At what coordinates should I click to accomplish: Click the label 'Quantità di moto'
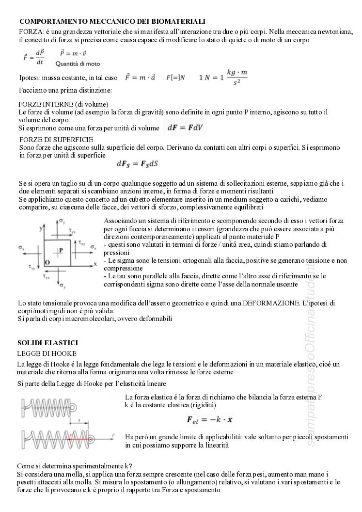coord(78,64)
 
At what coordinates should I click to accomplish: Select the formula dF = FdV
coord(186,128)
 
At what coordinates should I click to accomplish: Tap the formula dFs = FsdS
coord(137,164)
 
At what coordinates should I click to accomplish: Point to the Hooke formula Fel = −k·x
coord(209,419)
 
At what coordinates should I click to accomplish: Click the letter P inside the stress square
coord(61,250)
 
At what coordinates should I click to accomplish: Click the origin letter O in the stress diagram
coord(47,262)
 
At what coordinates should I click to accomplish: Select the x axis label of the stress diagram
coord(95,264)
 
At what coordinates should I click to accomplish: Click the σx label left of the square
coord(22,248)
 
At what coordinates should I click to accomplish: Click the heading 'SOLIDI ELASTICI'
coord(47,343)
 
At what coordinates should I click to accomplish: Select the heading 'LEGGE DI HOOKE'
coord(47,353)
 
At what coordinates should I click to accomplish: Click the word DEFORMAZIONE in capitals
coord(271,303)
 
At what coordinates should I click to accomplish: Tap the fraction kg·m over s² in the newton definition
coord(237,77)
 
